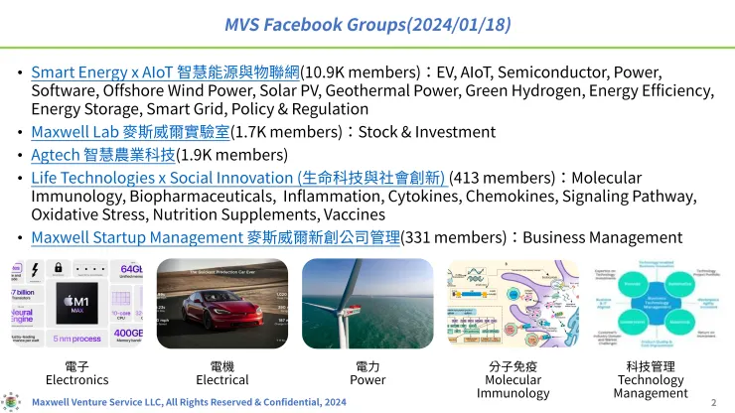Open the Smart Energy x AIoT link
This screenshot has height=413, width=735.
(x=165, y=72)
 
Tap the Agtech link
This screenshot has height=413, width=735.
(x=102, y=154)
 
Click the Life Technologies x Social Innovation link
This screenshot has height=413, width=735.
(x=238, y=178)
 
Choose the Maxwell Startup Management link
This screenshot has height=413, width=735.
(x=215, y=237)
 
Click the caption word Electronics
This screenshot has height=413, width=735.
(x=76, y=379)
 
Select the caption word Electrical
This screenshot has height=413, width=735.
(x=222, y=379)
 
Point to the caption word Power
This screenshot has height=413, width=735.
(x=367, y=379)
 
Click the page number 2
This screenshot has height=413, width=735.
(x=713, y=402)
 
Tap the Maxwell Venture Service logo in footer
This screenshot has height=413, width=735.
(x=11, y=401)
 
